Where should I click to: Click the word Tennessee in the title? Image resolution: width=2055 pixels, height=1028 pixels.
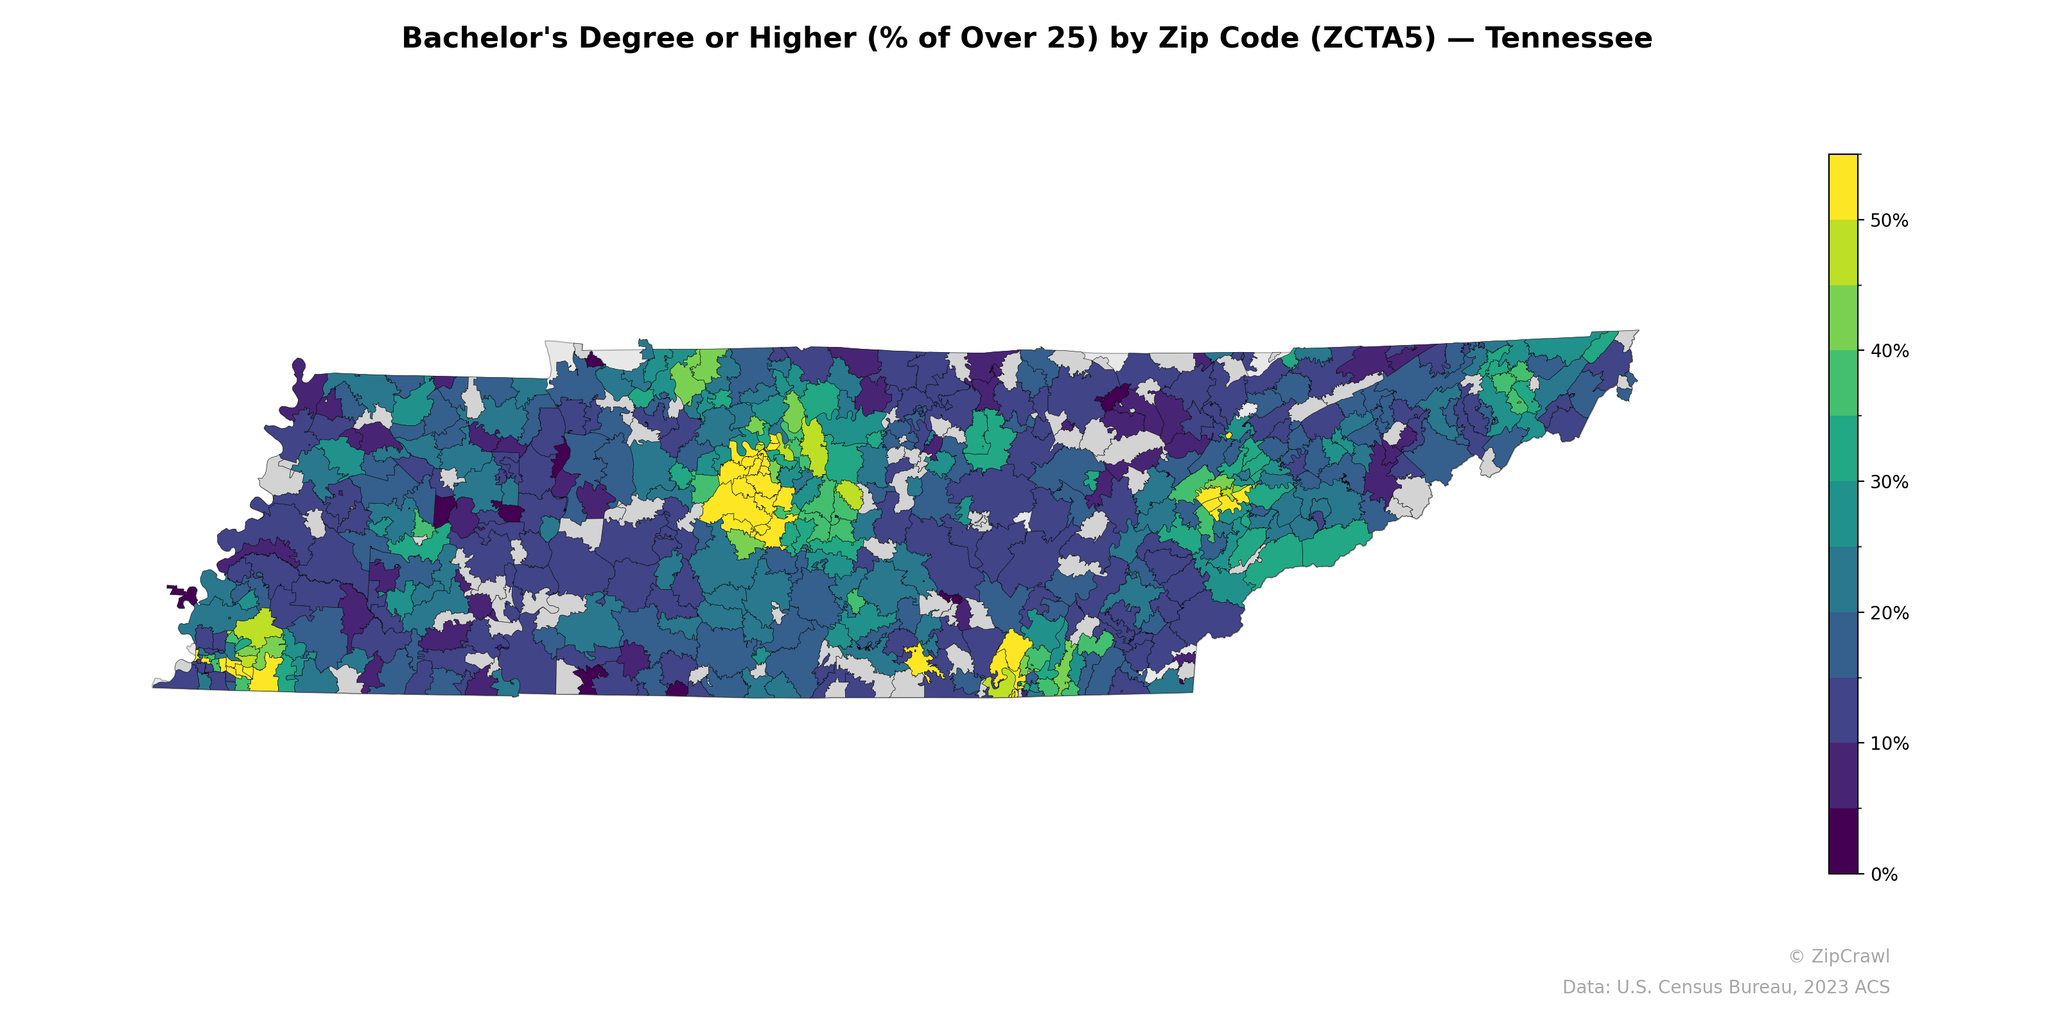pos(1568,39)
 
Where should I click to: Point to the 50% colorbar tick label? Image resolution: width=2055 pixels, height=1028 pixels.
pos(1889,221)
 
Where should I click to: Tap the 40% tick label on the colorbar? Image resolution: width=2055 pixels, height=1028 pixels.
pos(1889,351)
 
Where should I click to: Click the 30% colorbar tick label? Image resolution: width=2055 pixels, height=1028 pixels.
pos(1889,482)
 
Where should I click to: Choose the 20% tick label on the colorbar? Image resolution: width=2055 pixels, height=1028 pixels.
pos(1889,613)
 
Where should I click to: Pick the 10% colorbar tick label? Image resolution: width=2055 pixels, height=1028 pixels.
pos(1889,744)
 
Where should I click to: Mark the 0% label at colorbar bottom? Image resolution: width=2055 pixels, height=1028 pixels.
pos(1884,874)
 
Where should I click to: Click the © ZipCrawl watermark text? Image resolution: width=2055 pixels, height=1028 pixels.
pos(1838,956)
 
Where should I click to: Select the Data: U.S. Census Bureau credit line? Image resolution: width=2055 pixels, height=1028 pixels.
pos(1726,988)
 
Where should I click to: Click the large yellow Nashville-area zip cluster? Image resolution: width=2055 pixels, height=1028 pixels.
pos(746,499)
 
